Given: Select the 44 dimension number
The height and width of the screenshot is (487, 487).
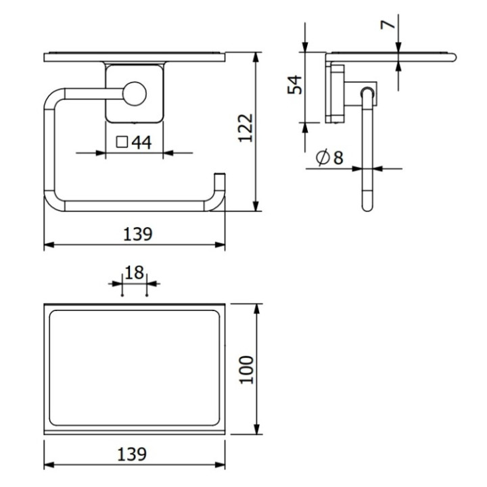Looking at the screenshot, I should (141, 142).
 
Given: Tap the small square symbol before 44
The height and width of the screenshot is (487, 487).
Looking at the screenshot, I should (122, 142).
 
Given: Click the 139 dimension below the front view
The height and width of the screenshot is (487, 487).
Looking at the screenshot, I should (137, 234).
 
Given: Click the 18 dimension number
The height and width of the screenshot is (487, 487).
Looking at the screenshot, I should (135, 273).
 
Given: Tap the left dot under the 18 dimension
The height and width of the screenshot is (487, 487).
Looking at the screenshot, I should (121, 295).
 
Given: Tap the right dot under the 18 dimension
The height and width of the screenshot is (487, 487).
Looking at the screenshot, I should (147, 295).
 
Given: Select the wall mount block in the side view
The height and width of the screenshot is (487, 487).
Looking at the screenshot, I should (336, 93).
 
